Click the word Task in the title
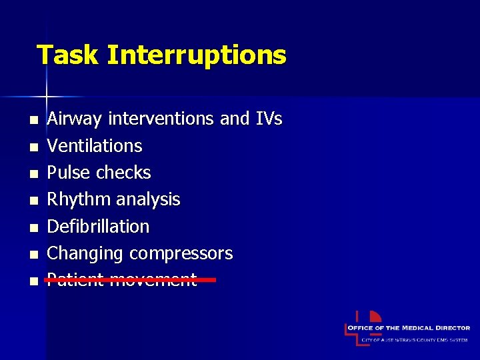(x=67, y=55)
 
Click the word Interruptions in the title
(x=196, y=55)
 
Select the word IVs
(x=269, y=119)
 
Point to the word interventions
(x=161, y=119)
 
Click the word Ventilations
(x=95, y=146)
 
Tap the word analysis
(x=148, y=199)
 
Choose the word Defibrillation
(x=98, y=227)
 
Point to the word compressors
(x=181, y=253)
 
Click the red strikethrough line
(x=130, y=281)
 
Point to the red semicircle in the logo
(x=375, y=317)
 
